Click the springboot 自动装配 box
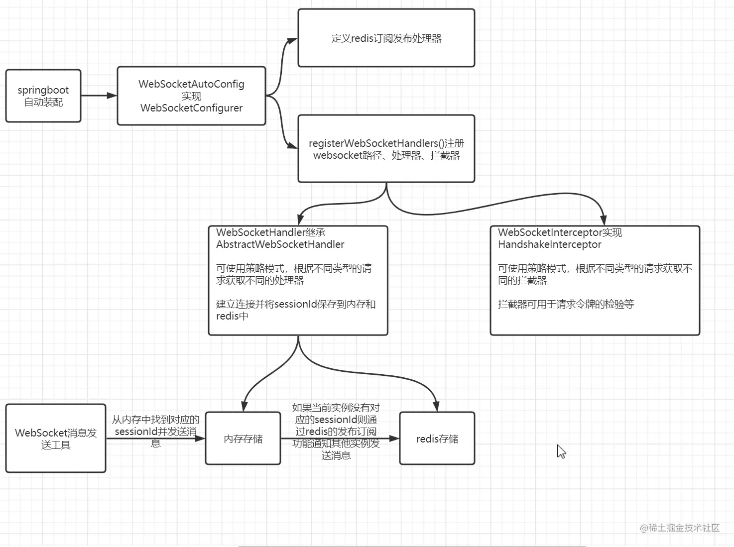click(43, 96)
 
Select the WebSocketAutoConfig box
click(191, 96)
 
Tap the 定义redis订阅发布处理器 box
click(386, 38)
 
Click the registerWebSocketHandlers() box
click(386, 149)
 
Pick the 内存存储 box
click(243, 438)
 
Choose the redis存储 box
click(437, 438)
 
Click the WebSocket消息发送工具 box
click(56, 438)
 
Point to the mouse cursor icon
click(561, 451)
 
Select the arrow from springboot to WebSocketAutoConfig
click(99, 96)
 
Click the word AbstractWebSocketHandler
click(280, 244)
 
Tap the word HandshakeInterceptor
click(550, 244)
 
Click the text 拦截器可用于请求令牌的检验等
click(566, 304)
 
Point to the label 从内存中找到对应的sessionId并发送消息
click(156, 431)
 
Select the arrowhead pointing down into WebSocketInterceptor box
click(603, 220)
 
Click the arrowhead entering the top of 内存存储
click(244, 406)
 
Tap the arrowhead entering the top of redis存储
click(436, 406)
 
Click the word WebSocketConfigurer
click(191, 108)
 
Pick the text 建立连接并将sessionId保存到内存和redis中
click(295, 310)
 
